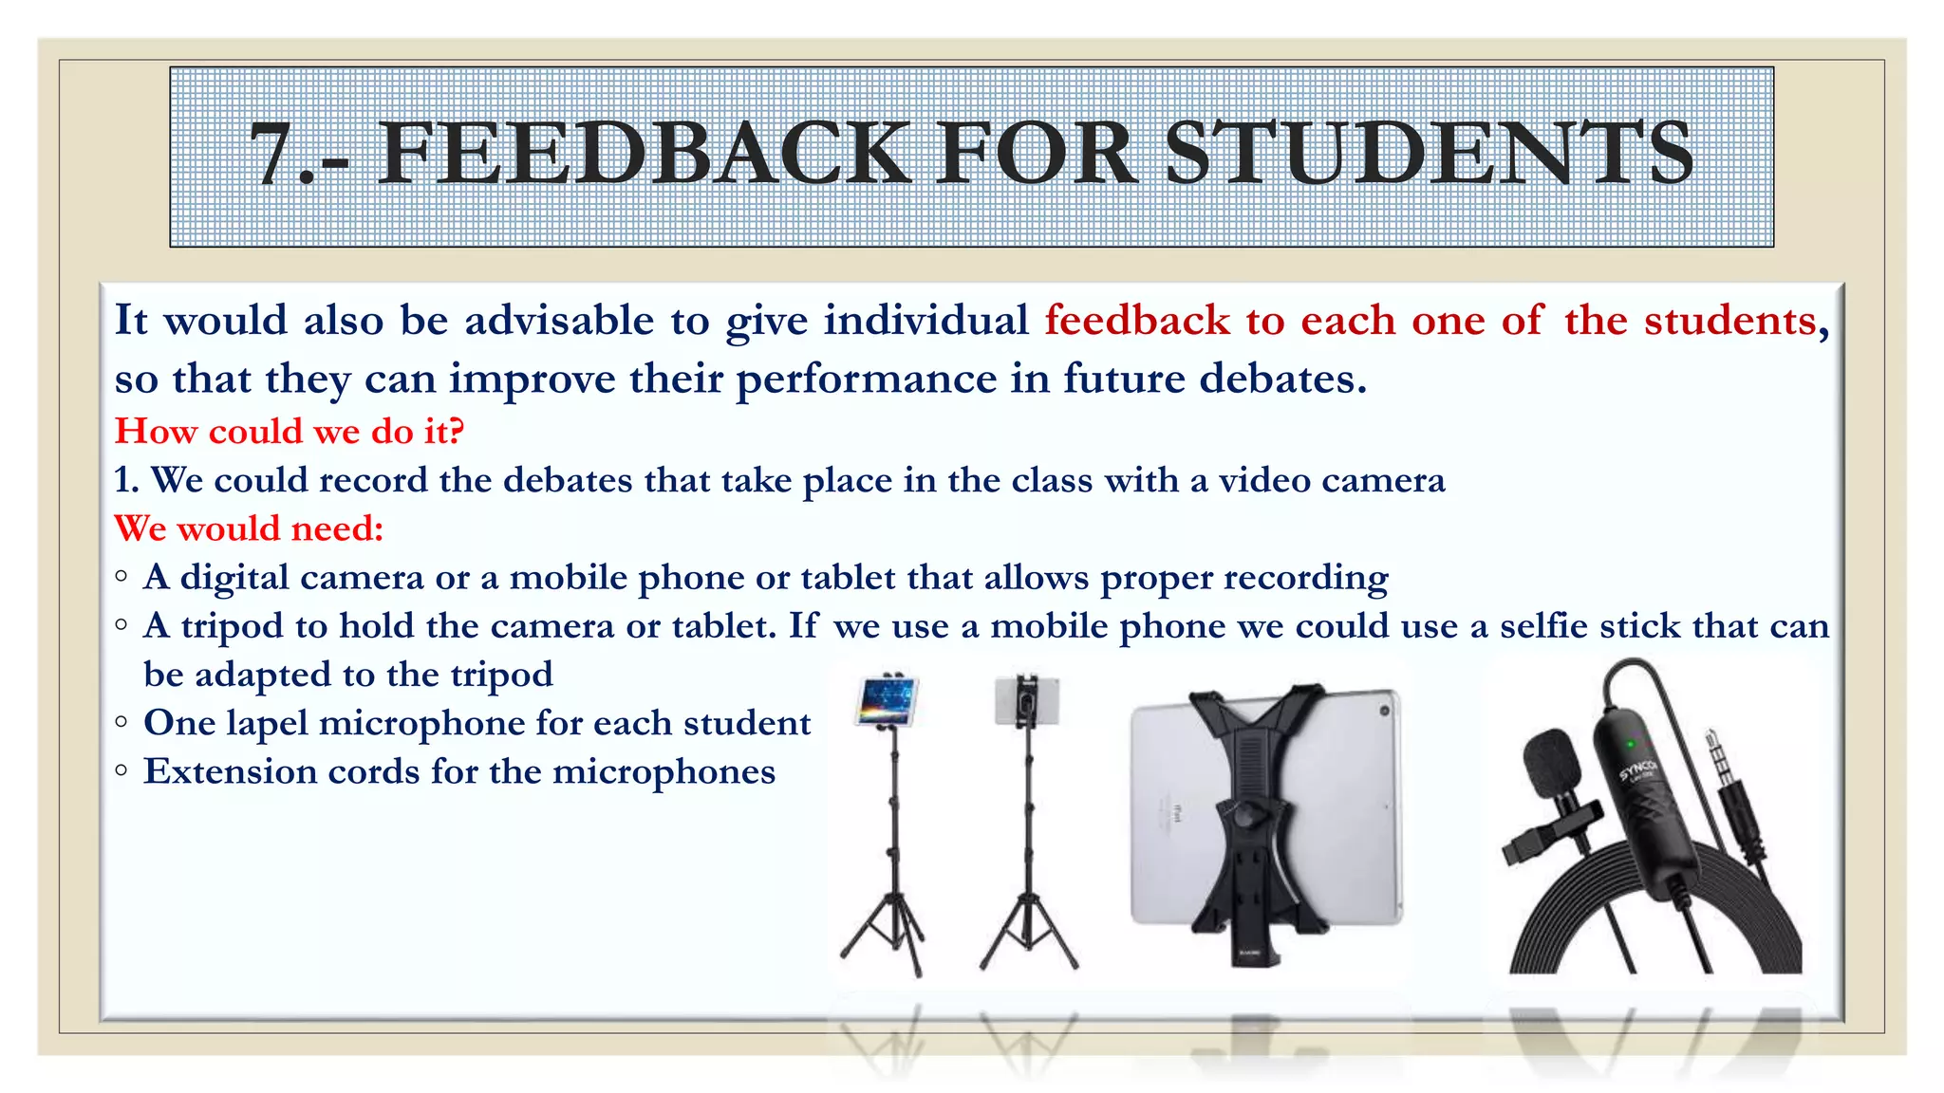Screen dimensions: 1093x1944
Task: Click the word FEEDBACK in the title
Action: point(645,154)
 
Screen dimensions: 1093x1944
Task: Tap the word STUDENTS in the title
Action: point(1429,154)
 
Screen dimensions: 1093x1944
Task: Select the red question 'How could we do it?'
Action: point(290,432)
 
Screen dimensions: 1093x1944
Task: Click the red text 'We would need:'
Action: point(249,528)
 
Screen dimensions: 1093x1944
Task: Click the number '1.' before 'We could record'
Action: point(126,480)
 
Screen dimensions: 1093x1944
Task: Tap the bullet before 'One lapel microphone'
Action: point(121,722)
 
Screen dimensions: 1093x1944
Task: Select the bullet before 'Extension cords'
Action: point(121,770)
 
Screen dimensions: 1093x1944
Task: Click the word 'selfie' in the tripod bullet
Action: point(1543,626)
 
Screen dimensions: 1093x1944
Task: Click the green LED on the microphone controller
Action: point(1631,744)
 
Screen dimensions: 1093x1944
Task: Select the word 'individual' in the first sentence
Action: point(925,321)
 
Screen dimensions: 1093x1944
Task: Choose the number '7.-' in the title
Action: point(298,154)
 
